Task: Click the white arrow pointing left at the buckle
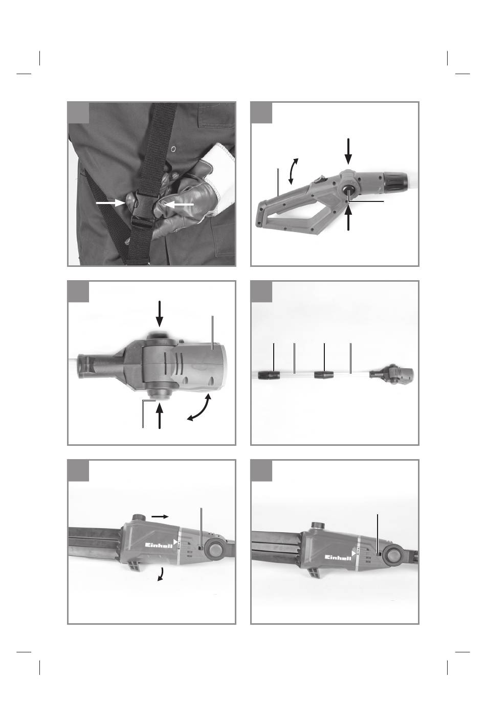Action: coord(179,204)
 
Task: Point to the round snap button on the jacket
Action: coord(173,149)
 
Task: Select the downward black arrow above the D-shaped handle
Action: coord(348,151)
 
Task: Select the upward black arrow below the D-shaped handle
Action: coord(348,218)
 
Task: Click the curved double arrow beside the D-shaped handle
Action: coord(293,171)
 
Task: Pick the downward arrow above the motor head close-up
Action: coord(160,314)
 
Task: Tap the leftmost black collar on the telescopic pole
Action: coord(269,375)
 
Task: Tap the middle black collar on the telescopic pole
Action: coord(324,375)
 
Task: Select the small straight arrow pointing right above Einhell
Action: coord(160,516)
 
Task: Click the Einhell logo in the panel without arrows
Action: coord(338,557)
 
